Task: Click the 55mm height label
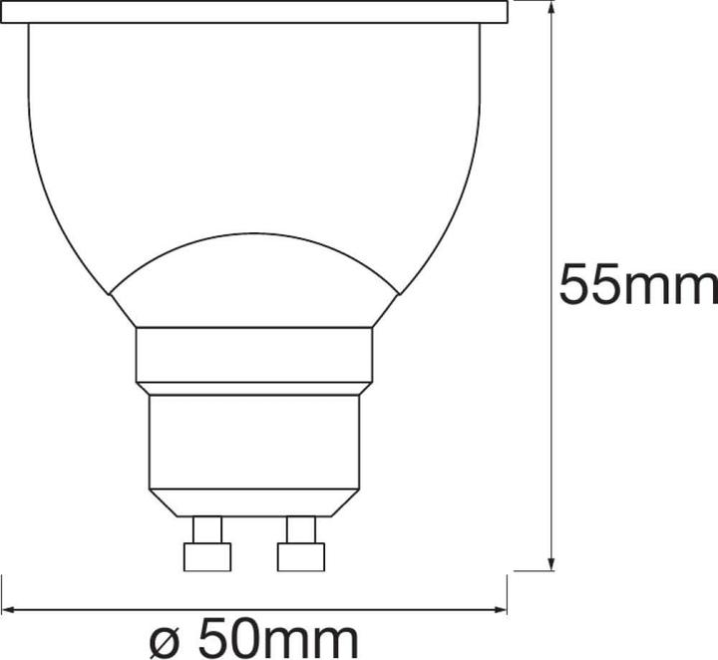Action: coord(637,285)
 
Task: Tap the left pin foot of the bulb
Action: coord(207,555)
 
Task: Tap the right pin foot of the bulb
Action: coord(300,555)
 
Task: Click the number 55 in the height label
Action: coord(590,285)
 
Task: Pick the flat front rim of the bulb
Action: coord(253,11)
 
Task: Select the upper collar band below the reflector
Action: coord(253,353)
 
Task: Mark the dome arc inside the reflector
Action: coord(253,236)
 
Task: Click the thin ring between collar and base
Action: coord(253,387)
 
